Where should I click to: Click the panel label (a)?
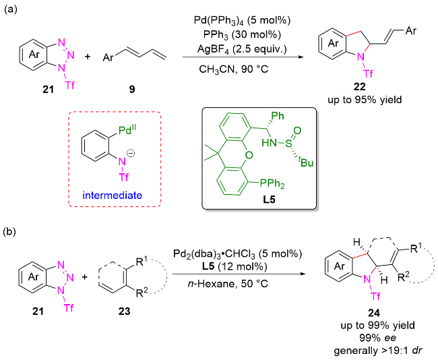click(x=11, y=9)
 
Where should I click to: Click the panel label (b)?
click(x=11, y=232)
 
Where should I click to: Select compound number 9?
click(x=132, y=89)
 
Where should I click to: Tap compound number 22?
click(x=360, y=87)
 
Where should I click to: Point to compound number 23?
click(x=124, y=311)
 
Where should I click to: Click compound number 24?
click(x=374, y=313)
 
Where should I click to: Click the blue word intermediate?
click(x=113, y=195)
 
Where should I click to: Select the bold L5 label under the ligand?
click(x=270, y=200)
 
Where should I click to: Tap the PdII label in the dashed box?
click(x=129, y=130)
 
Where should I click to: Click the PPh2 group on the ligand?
click(x=272, y=183)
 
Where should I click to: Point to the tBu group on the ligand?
click(x=306, y=162)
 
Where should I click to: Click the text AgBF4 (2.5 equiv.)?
click(x=242, y=49)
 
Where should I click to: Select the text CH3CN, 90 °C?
click(x=234, y=69)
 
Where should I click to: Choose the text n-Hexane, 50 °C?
click(x=228, y=284)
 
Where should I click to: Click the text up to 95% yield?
click(x=365, y=100)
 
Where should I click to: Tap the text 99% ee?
click(x=377, y=338)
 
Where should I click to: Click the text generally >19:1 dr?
click(x=377, y=351)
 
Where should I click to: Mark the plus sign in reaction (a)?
click(x=88, y=57)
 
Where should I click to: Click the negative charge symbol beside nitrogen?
click(x=131, y=153)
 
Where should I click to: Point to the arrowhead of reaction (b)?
click(x=301, y=274)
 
